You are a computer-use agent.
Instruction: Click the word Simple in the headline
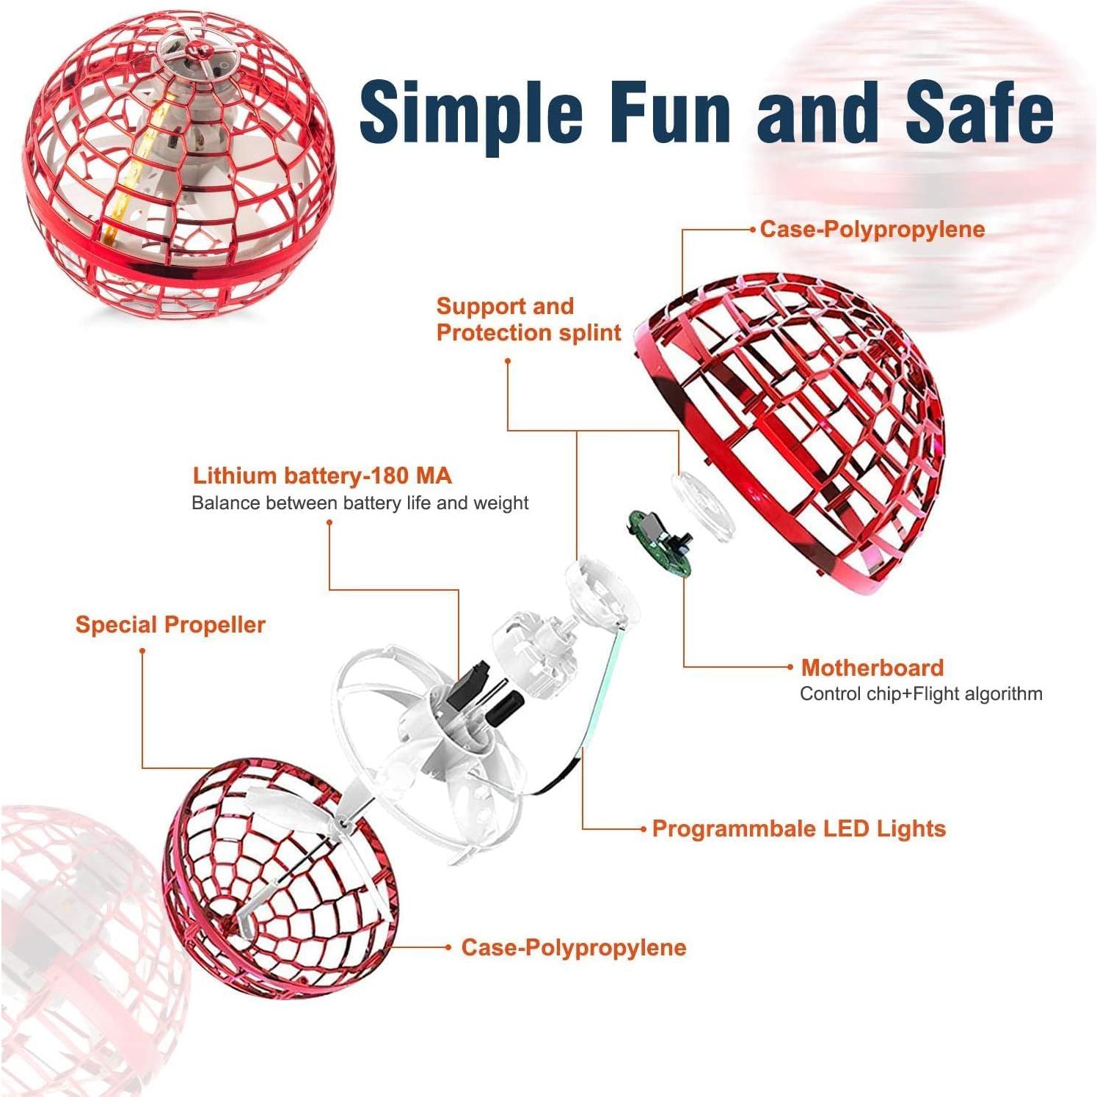pyautogui.click(x=471, y=112)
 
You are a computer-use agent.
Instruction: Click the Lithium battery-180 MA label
pyautogui.click(x=322, y=475)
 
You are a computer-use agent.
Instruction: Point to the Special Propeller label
pyautogui.click(x=170, y=624)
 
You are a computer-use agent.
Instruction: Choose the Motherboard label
pyautogui.click(x=872, y=667)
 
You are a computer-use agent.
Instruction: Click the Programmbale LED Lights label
pyautogui.click(x=799, y=828)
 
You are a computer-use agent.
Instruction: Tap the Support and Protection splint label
pyautogui.click(x=528, y=319)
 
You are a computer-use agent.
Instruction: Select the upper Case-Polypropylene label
pyautogui.click(x=872, y=229)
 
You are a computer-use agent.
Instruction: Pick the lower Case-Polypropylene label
pyautogui.click(x=574, y=947)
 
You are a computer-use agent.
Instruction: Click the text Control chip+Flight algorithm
pyautogui.click(x=921, y=693)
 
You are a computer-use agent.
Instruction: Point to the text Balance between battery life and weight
pyautogui.click(x=360, y=503)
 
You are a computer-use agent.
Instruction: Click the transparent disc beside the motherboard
pyautogui.click(x=702, y=506)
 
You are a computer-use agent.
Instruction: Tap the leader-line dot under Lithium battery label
pyautogui.click(x=329, y=522)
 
